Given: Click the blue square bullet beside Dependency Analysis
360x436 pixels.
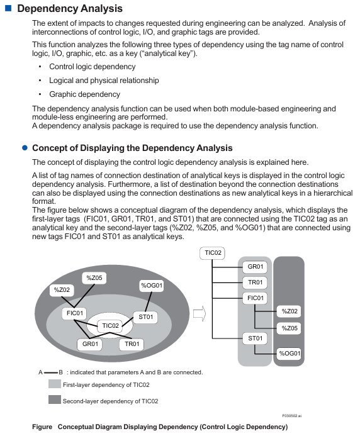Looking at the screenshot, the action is coord(8,8).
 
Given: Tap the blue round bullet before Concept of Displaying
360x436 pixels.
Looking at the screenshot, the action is coord(25,148).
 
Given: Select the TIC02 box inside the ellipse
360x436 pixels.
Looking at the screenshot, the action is coord(110,326).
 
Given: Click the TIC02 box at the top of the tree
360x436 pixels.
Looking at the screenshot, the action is coord(213,253).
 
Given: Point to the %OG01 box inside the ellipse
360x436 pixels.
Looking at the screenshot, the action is coord(152,286).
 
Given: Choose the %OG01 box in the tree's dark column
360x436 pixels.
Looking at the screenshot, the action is coord(290,354).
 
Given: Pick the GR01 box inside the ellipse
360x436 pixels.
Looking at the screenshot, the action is coord(90,344).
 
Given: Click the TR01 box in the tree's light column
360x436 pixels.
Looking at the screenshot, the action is coord(255,282).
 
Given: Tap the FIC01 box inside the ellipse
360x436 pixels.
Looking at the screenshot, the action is coord(74,313).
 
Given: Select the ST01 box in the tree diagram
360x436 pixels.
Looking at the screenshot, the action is coord(255,338).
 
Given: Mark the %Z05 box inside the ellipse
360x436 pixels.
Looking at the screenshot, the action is coord(94,278).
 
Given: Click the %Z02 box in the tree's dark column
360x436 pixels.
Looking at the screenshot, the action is coord(290,311).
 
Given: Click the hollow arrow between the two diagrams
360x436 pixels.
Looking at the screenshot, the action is coord(200,314).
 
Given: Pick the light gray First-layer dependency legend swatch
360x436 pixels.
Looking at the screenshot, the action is coord(55,384).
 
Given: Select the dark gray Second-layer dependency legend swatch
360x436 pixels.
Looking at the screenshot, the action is coord(55,400).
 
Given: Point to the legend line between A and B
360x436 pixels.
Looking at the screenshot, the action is coord(50,372).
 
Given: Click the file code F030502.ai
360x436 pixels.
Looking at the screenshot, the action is coord(292,416).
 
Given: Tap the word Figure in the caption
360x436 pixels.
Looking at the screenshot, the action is coord(42,427).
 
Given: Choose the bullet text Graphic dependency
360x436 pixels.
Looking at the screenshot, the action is coord(84,94).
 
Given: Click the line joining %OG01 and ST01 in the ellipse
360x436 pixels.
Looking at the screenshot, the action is coord(149,301).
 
